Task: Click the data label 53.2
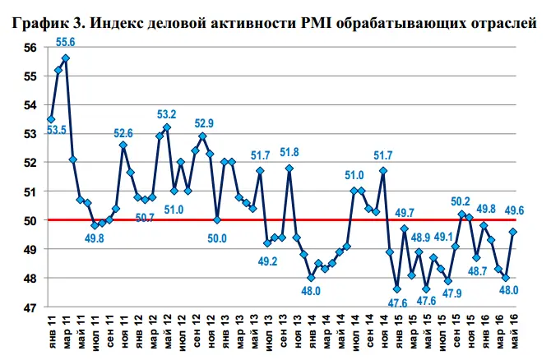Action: pyautogui.click(x=167, y=114)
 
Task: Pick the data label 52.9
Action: pyautogui.click(x=203, y=123)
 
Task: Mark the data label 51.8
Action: pyautogui.click(x=289, y=153)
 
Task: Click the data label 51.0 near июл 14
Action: pyautogui.click(x=354, y=175)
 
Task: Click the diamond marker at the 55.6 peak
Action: pyautogui.click(x=66, y=58)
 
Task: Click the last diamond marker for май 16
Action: pyautogui.click(x=513, y=232)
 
